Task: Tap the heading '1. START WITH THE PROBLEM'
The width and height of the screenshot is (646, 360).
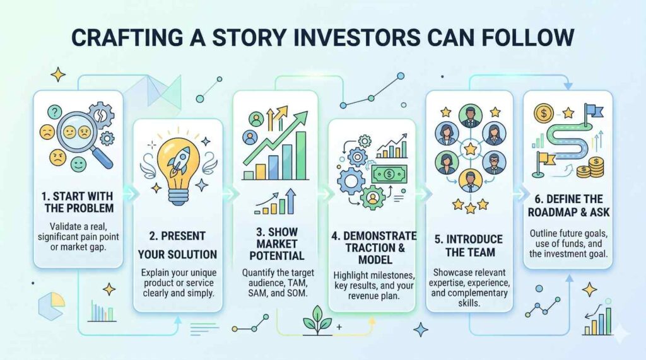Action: tap(78, 202)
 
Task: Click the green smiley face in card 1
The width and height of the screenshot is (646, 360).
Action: tap(78, 163)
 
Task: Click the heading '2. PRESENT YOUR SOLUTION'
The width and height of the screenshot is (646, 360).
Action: tap(177, 245)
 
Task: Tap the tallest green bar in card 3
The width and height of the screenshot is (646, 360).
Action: tap(301, 155)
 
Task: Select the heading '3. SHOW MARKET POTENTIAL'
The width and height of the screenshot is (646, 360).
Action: tap(276, 243)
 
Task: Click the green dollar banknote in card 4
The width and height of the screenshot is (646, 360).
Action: tap(389, 174)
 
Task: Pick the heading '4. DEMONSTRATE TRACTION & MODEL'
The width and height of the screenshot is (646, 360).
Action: tap(374, 247)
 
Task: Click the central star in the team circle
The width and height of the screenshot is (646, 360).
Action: tap(470, 148)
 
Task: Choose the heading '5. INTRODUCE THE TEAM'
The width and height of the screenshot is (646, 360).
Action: tap(469, 245)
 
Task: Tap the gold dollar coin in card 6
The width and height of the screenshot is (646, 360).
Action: tap(544, 113)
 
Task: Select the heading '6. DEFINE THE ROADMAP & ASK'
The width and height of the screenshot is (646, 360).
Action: tap(568, 206)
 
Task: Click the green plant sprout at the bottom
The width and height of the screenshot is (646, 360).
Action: tap(318, 320)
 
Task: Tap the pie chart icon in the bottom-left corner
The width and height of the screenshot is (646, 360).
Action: tap(51, 306)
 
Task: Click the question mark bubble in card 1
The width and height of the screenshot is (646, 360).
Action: tap(54, 112)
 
